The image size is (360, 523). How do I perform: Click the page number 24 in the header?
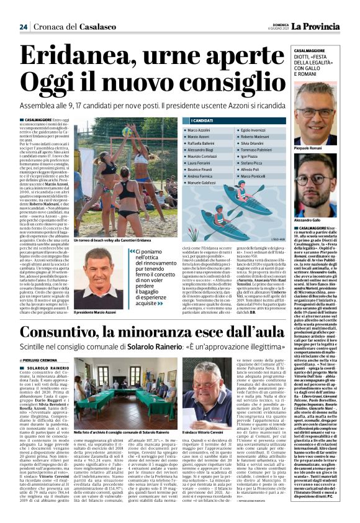24,27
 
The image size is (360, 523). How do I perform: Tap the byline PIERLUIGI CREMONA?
39,360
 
